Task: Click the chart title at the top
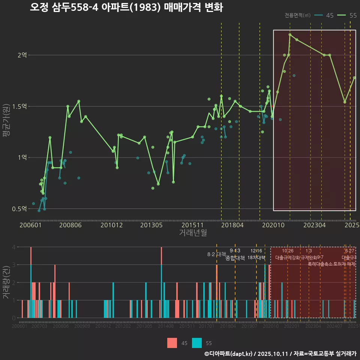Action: point(126,7)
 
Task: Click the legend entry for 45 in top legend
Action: point(325,15)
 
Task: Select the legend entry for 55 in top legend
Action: point(347,15)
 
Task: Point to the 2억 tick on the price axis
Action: point(22,55)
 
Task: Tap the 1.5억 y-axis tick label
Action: point(20,106)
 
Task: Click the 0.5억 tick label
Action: point(20,209)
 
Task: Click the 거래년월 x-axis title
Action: point(193,233)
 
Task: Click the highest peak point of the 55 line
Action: point(290,34)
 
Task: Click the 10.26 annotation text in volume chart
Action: point(288,251)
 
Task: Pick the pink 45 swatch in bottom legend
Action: point(172,343)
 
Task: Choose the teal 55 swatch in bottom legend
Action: point(196,343)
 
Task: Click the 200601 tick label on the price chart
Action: point(30,225)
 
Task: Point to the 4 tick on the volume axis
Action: point(14,247)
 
